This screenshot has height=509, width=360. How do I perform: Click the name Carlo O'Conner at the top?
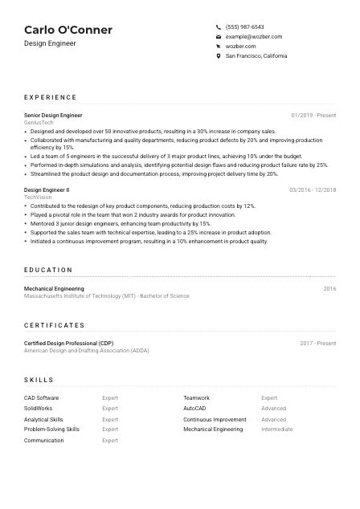[x=68, y=30]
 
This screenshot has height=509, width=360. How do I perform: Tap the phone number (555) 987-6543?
[x=244, y=26]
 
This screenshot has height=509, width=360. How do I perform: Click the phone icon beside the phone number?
[x=219, y=26]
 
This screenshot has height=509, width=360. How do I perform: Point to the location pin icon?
[x=219, y=56]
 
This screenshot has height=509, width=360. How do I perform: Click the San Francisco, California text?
[x=256, y=56]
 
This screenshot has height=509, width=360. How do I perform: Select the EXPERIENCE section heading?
[x=50, y=97]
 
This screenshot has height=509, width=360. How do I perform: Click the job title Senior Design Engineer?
[x=53, y=116]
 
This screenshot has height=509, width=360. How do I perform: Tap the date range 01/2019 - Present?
[x=313, y=116]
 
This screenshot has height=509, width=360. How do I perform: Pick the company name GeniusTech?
[x=38, y=123]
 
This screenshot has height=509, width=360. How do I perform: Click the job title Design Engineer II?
[x=47, y=190]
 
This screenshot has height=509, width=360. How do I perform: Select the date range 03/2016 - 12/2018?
[x=313, y=190]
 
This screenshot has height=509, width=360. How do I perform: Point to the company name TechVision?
[x=38, y=197]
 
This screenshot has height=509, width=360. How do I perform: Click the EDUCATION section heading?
[x=48, y=271]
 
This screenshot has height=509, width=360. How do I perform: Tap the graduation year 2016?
[x=329, y=288]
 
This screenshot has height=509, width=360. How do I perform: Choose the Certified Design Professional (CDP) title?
[x=68, y=344]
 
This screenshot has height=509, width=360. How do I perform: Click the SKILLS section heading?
[x=39, y=380]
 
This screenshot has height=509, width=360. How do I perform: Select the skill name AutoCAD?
[x=194, y=409]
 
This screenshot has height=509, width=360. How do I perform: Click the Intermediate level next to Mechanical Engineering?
[x=276, y=430]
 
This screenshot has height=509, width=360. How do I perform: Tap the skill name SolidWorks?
[x=39, y=409]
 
